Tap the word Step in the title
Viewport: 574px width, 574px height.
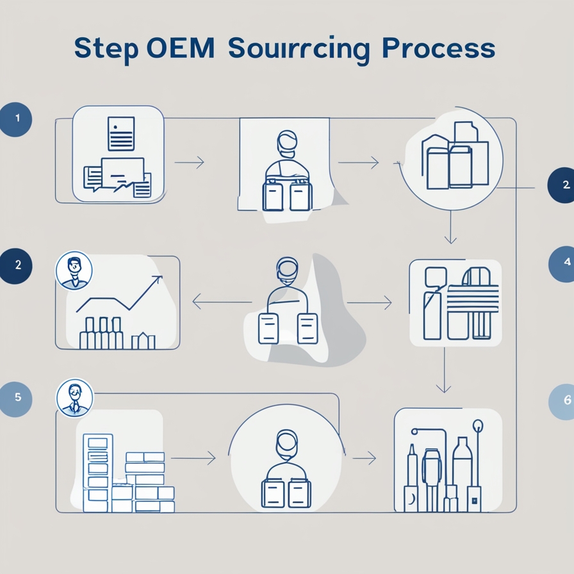click(105, 50)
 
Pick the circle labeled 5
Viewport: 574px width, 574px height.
click(17, 397)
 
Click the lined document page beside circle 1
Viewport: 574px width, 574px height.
click(121, 133)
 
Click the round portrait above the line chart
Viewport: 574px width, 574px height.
click(74, 270)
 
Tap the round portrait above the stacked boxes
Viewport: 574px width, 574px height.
click(74, 397)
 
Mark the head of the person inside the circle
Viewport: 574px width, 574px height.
click(286, 442)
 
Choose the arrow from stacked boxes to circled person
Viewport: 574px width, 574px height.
click(193, 459)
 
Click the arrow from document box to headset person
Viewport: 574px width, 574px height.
click(189, 163)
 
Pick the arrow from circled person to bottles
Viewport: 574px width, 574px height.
click(364, 458)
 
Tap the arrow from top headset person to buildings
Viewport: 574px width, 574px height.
click(358, 163)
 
